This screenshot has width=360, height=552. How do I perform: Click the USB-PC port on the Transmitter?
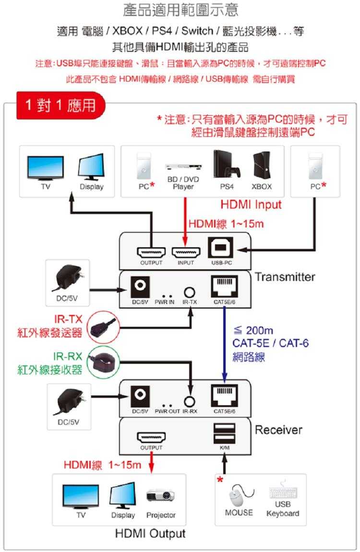click(x=221, y=248)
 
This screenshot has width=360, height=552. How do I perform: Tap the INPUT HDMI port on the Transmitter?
click(x=186, y=252)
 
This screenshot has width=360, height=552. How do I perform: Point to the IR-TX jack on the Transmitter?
click(x=190, y=291)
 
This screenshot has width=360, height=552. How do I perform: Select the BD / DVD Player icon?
click(x=182, y=167)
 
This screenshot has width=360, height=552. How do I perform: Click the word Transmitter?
click(x=285, y=277)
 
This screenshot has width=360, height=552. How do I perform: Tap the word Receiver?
click(x=278, y=430)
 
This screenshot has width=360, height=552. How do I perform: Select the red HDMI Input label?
click(x=251, y=205)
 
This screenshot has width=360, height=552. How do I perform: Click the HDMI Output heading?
click(x=150, y=533)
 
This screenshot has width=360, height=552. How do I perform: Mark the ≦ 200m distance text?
click(x=253, y=331)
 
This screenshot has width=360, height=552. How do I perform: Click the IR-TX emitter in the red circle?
click(x=101, y=326)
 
